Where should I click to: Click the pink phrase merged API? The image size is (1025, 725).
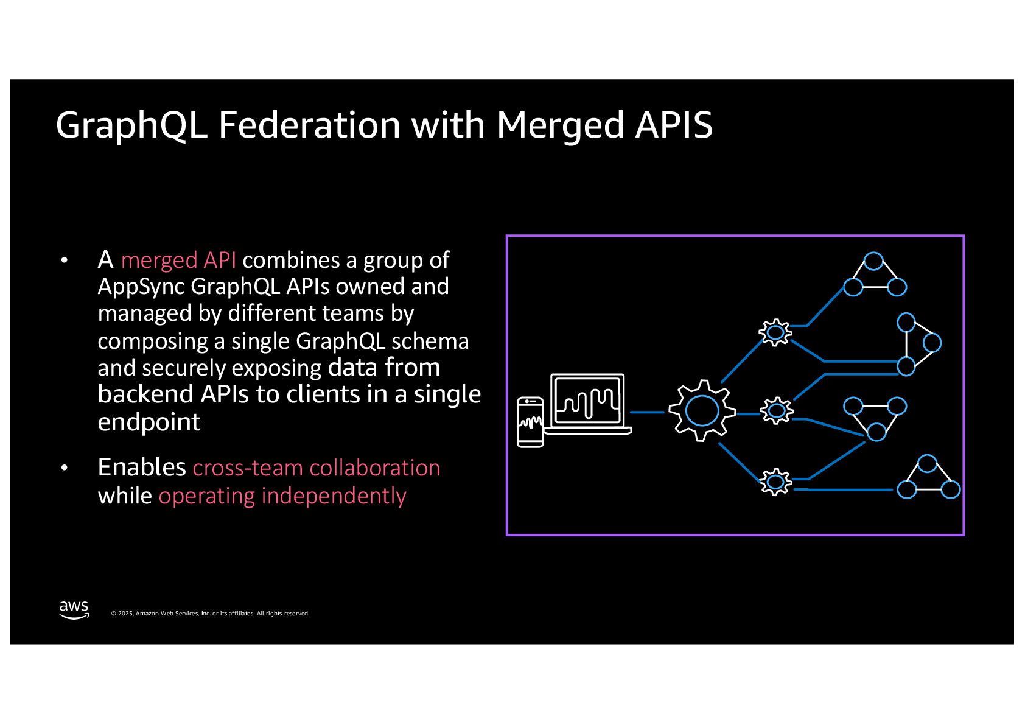pos(178,261)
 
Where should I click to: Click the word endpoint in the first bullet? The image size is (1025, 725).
pos(149,422)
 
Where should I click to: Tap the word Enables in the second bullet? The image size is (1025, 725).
pos(142,468)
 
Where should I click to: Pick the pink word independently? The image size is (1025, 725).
pos(333,496)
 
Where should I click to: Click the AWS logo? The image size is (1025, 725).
pos(74,609)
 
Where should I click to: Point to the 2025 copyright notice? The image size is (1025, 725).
pos(210,614)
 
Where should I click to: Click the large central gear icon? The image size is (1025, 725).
pos(702,411)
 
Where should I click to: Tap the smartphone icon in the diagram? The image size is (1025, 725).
pos(530,422)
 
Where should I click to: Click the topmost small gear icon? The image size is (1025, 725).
pos(775,332)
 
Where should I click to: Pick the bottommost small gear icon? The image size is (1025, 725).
pos(775,482)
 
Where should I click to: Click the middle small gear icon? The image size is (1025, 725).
pos(776,411)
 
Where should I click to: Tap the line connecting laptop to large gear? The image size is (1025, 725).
pos(646,412)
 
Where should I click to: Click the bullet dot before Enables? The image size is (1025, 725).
pos(65,468)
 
